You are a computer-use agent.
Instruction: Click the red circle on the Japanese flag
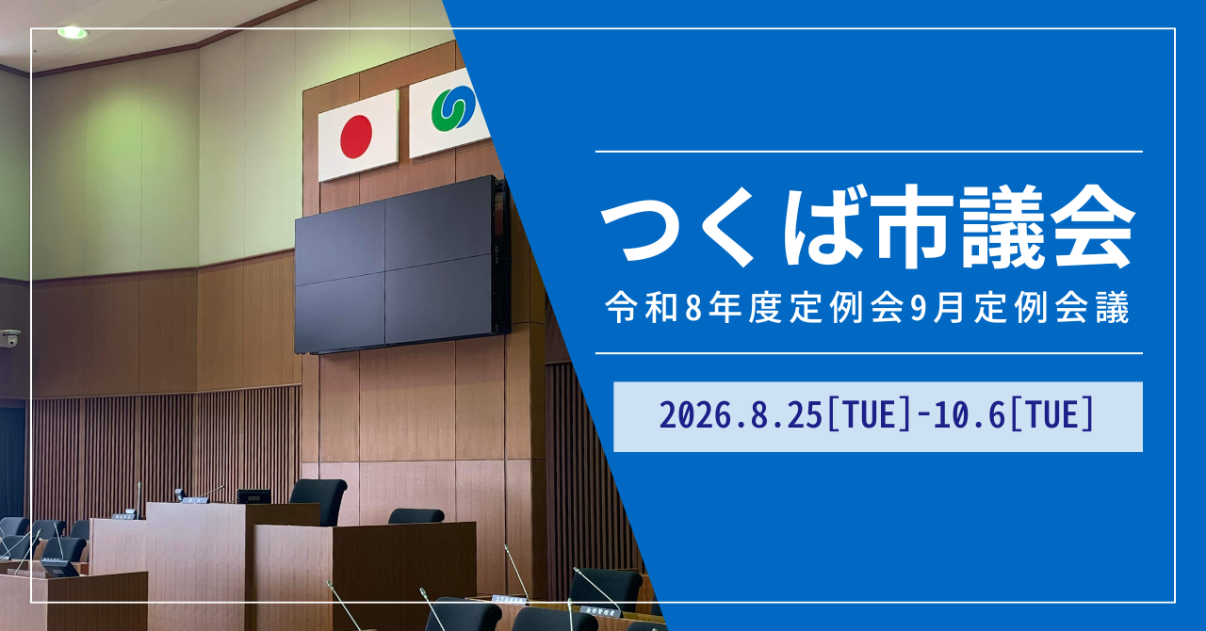356,137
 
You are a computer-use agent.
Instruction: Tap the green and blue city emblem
452,109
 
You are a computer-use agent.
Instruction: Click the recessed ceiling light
73,32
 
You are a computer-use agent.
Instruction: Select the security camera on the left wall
10,338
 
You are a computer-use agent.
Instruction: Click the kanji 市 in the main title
911,226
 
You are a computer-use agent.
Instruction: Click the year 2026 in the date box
693,415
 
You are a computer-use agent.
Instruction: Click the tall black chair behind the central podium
318,500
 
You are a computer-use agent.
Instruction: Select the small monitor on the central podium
253,496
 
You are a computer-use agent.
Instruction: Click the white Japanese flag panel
358,135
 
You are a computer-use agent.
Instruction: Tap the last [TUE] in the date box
1052,415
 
